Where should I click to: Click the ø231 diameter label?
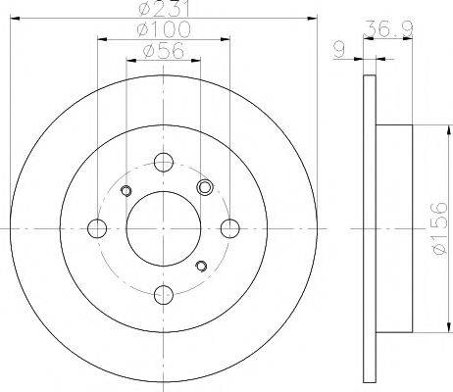[164, 8]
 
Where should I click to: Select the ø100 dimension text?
[164, 29]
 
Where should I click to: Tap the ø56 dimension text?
[164, 51]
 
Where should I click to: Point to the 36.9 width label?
[388, 28]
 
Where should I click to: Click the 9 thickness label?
[339, 51]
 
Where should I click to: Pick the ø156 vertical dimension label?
[439, 228]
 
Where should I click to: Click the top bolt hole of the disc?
[164, 162]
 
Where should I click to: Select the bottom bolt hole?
[164, 295]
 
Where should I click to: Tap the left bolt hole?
[97, 228]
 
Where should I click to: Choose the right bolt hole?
[230, 228]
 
